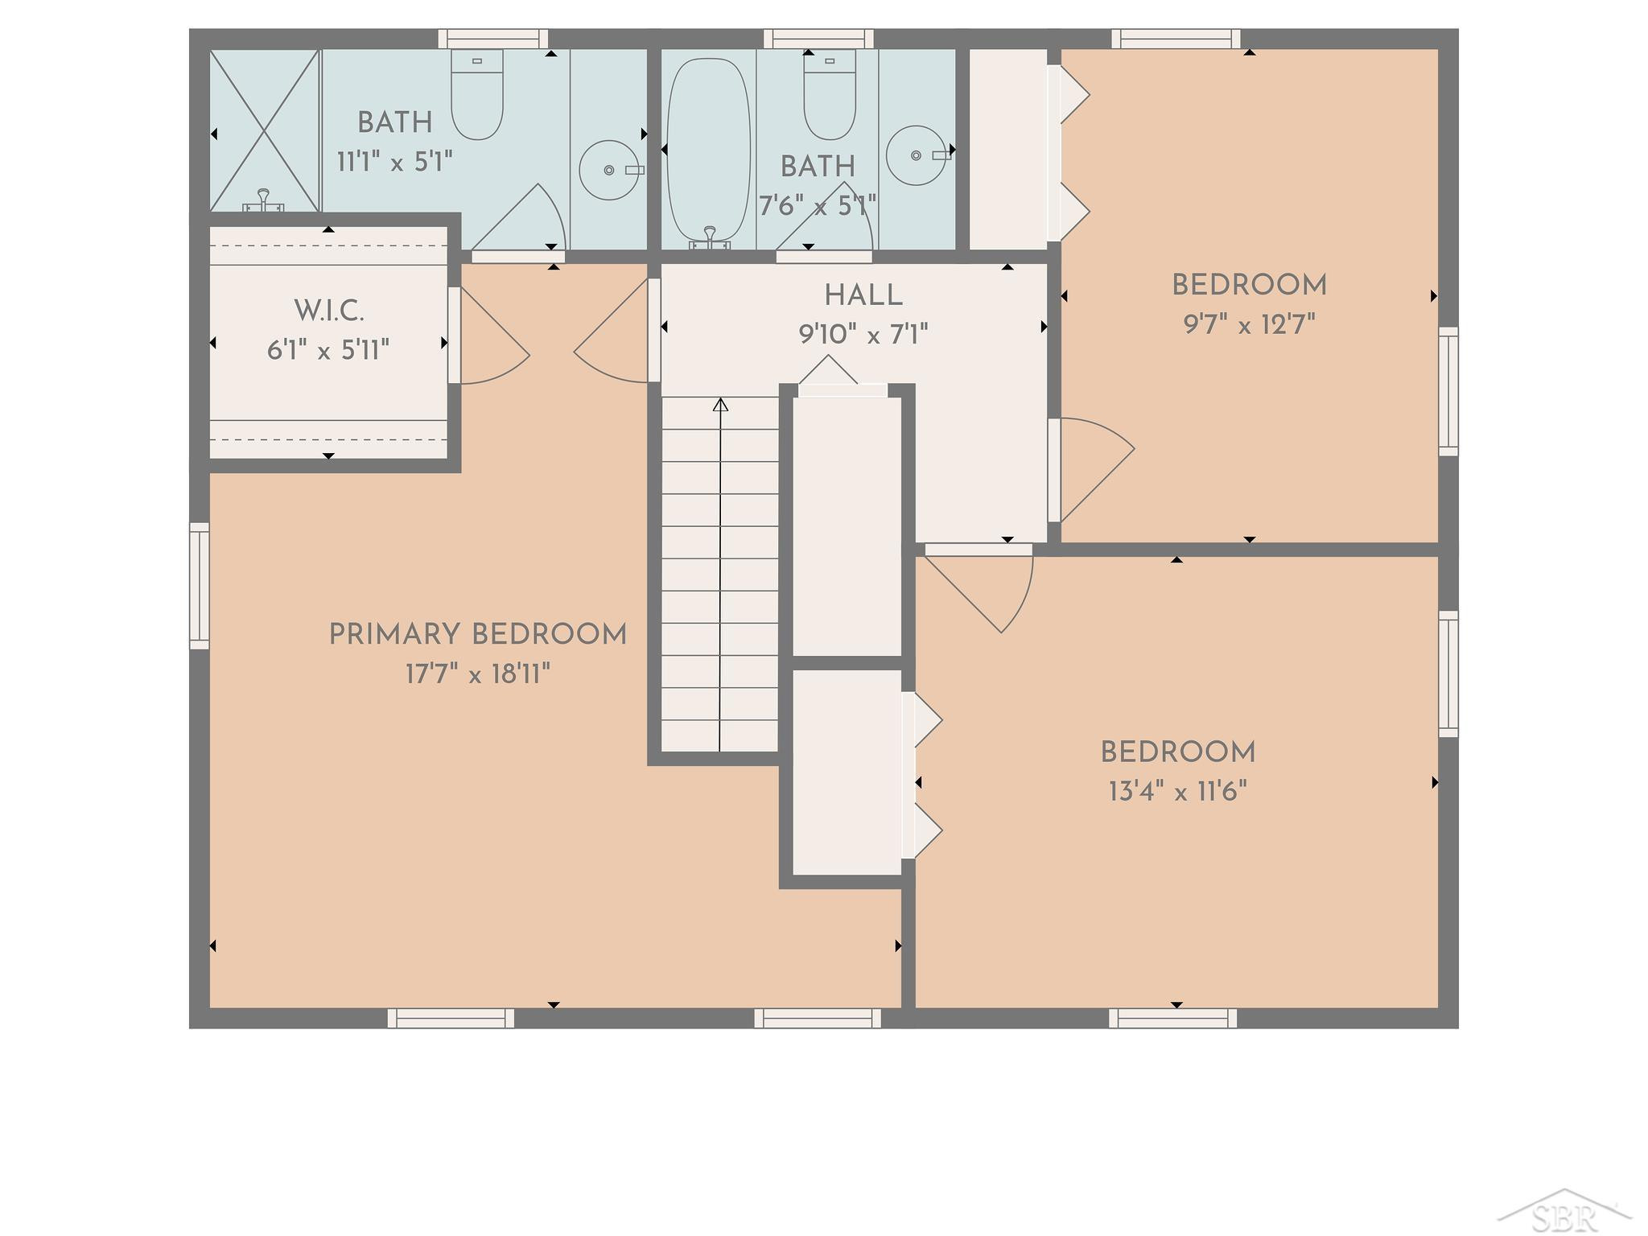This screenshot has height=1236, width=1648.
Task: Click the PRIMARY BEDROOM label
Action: coord(477,635)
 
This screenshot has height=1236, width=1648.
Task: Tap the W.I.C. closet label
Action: coord(329,310)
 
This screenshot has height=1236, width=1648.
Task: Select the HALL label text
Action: coord(863,295)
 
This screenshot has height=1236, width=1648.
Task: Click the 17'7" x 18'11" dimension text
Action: coord(478,674)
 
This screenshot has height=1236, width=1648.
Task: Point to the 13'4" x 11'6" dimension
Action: coord(1178,792)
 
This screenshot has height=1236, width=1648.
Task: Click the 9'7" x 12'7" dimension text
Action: coord(1249,325)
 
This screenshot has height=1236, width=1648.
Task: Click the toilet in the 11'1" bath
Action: coord(477,94)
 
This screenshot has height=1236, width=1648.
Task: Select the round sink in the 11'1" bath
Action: coord(610,171)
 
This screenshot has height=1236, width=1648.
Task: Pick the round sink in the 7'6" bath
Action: coord(917,155)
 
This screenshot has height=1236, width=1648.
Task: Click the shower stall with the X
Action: coord(265,131)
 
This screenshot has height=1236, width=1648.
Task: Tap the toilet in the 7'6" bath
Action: coord(830,94)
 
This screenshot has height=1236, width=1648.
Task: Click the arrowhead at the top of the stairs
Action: coord(721,405)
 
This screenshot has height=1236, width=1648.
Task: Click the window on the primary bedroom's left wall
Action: coord(200,586)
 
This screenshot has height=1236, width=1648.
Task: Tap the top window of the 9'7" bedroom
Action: coord(1176,39)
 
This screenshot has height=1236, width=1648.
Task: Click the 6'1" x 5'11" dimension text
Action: coord(328,350)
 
